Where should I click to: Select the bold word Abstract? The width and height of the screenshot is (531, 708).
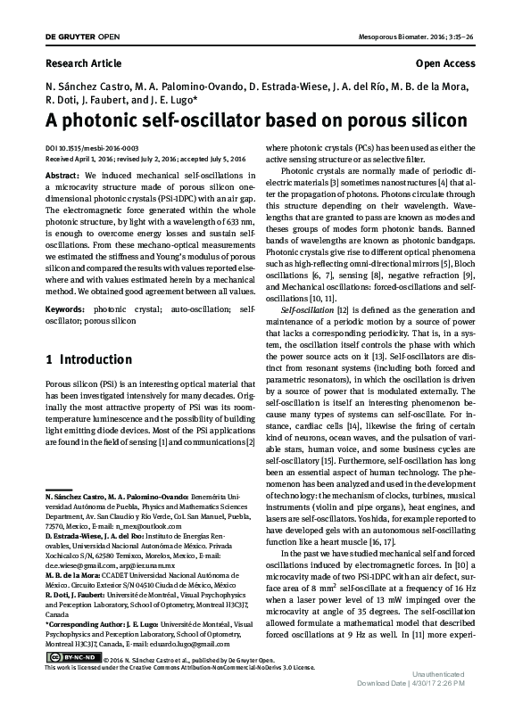pyautogui.click(x=64, y=175)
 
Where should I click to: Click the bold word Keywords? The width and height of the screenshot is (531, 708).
pyautogui.click(x=68, y=309)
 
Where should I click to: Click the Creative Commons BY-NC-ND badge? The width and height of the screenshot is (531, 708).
pyautogui.click(x=71, y=658)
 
